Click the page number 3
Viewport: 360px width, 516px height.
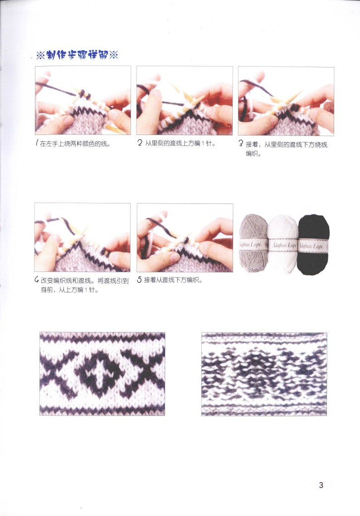tap(321, 485)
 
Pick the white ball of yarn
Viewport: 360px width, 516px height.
tap(283, 245)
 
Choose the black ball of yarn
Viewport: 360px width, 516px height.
tap(314, 245)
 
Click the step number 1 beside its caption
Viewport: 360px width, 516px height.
tap(37, 144)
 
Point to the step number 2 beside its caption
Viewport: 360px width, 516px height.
tap(140, 143)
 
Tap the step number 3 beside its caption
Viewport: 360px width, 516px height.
tap(241, 144)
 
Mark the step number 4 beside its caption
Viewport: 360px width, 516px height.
tap(37, 280)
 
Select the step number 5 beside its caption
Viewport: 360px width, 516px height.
tap(139, 280)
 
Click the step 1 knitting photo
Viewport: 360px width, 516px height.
tap(83, 101)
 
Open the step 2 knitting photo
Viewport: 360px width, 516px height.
tap(185, 101)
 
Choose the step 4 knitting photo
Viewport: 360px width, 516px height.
tap(83, 237)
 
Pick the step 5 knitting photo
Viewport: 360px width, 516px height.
tap(185, 237)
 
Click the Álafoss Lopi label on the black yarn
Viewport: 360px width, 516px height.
tap(314, 246)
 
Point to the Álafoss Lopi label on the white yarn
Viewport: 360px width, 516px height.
tap(283, 246)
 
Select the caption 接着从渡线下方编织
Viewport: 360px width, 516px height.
tap(173, 280)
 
